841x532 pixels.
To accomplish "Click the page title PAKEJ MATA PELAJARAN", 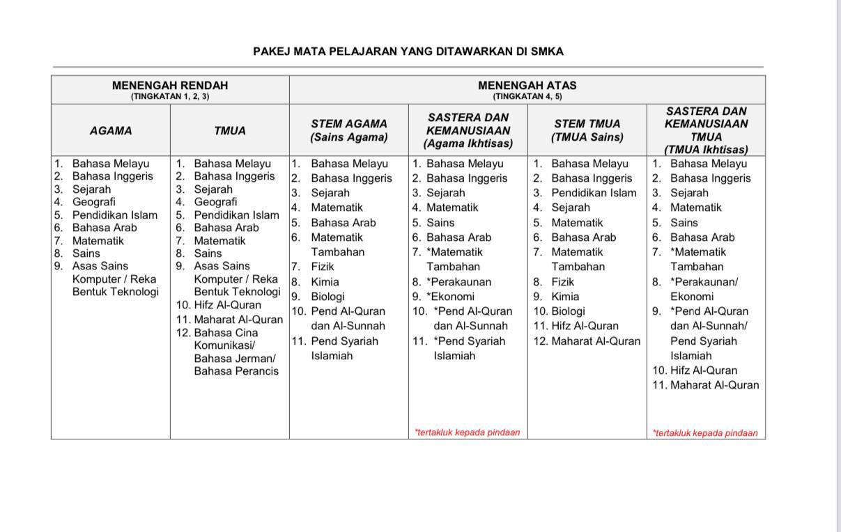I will click(x=408, y=52).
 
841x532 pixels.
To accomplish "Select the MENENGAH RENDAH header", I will click(x=169, y=86).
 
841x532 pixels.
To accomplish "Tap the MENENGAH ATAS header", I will click(x=527, y=86).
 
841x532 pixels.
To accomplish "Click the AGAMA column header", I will click(x=110, y=130).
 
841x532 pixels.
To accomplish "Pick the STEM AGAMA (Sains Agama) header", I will click(x=348, y=130).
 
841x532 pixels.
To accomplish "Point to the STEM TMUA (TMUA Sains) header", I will click(x=587, y=130).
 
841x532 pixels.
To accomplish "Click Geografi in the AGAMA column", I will click(x=94, y=202).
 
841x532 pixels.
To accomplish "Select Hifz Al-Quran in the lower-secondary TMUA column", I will click(x=227, y=305).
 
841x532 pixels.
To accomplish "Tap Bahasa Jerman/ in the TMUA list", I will click(x=235, y=358).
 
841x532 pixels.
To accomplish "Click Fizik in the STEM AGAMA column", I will click(x=323, y=266).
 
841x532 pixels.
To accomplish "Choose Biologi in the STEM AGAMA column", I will click(x=327, y=296).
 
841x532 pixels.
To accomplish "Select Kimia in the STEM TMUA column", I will click(x=564, y=296).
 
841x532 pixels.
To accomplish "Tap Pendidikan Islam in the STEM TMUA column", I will click(x=594, y=193).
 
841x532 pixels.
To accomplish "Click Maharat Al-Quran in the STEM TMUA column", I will click(x=595, y=341).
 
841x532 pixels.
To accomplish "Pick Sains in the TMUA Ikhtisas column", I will click(x=684, y=223).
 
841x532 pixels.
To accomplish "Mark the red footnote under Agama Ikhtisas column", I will click(x=468, y=432).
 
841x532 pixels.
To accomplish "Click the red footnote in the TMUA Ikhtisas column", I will click(x=705, y=432).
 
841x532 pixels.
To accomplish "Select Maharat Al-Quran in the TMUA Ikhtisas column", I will click(x=714, y=385).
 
